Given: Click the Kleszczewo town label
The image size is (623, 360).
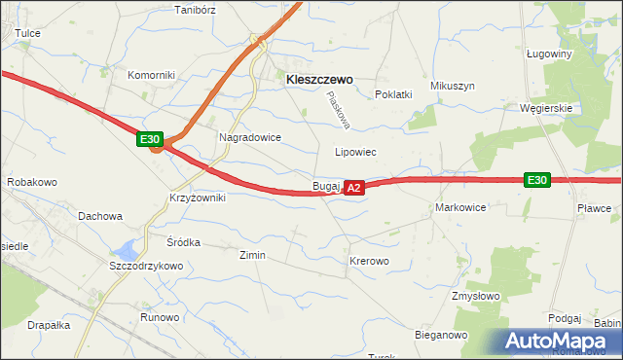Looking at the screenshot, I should click(x=319, y=82).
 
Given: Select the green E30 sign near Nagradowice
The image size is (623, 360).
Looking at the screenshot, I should click(x=149, y=140).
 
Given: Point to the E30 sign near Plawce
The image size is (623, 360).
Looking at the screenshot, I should click(x=536, y=180).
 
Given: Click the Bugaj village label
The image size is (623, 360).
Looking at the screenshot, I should click(x=325, y=185).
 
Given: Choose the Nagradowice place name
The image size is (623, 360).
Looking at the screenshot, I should click(x=250, y=138).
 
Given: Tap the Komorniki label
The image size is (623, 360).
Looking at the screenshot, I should click(x=150, y=75).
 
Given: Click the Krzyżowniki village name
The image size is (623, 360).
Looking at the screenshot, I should click(x=198, y=198).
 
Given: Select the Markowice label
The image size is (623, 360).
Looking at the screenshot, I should click(x=460, y=208).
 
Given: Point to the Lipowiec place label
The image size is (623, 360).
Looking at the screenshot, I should click(x=355, y=153).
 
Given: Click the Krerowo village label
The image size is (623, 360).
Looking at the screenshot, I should click(x=369, y=262).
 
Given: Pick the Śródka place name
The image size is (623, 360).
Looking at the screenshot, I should click(x=183, y=242).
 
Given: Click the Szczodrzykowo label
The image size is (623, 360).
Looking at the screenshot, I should click(x=146, y=266).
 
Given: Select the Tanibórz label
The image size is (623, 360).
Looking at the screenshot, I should click(x=193, y=10).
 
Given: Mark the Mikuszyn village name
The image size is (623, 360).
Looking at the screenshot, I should click(x=453, y=86).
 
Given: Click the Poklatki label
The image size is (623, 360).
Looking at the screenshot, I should click(x=394, y=94).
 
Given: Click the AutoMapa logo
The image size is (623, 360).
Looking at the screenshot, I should click(x=558, y=341).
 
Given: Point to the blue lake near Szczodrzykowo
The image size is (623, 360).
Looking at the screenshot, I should click(x=127, y=248).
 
